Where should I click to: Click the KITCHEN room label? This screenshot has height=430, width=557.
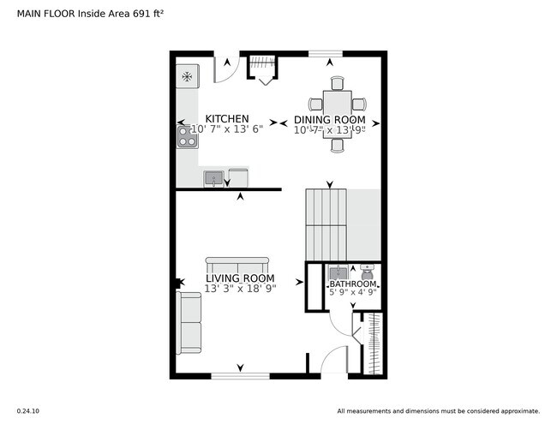(x=226, y=119)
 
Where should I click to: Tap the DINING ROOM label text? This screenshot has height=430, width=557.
(x=329, y=120)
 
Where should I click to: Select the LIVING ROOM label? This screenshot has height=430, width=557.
(x=239, y=278)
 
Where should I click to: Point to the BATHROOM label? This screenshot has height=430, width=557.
(x=353, y=284)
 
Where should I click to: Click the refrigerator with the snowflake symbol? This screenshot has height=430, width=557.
(x=187, y=76)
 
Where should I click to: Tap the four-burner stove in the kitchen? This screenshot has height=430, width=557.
(x=187, y=136)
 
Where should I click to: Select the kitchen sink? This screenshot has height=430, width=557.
(x=213, y=178)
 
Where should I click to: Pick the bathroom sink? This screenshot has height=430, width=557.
(x=338, y=272)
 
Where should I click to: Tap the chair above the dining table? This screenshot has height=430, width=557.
(x=336, y=82)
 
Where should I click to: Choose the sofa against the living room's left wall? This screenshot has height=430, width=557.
(x=188, y=321)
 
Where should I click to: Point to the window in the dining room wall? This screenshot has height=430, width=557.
(x=325, y=54)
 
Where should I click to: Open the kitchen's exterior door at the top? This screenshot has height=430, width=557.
(x=224, y=69)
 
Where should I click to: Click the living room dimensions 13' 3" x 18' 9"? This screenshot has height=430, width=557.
(x=239, y=290)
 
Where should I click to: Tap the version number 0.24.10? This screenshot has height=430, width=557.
(x=27, y=411)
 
